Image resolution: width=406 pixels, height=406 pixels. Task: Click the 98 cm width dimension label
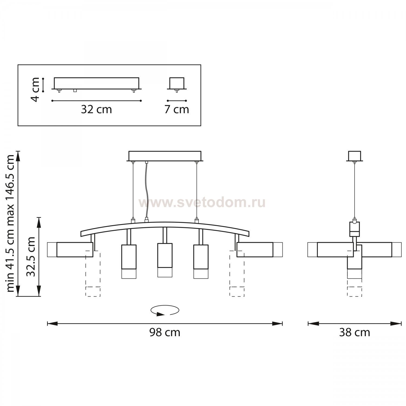tap(165, 332)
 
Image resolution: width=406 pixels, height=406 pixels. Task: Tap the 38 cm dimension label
tap(355, 332)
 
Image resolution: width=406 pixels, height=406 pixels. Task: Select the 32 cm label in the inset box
tap(96, 109)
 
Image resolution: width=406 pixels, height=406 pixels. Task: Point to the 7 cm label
tap(177, 109)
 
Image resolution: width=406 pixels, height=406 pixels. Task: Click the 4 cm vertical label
tap(35, 90)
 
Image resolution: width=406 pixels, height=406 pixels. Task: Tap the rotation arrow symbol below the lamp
tap(165, 310)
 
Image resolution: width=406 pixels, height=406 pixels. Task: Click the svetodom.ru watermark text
tap(202, 202)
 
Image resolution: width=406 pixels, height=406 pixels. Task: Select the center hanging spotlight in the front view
tap(165, 260)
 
